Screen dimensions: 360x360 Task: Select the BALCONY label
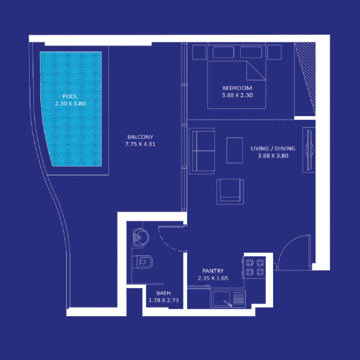[140, 137]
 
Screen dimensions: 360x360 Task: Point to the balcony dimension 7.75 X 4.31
[140, 144]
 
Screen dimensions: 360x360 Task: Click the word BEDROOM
[237, 88]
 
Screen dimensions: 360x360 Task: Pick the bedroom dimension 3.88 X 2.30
[237, 95]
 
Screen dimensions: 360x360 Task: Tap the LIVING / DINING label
[273, 148]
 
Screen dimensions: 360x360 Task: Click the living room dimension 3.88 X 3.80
[273, 156]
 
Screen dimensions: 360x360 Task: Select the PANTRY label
[213, 271]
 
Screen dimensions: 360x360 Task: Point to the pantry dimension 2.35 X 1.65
[213, 278]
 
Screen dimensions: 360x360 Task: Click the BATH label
[163, 293]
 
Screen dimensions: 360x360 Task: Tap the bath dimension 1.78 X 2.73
[163, 300]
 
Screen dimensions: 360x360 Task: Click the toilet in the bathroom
[143, 261]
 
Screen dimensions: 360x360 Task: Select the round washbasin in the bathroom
[140, 236]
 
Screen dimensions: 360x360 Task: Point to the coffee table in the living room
[234, 150]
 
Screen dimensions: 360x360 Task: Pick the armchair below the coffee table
[230, 190]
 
